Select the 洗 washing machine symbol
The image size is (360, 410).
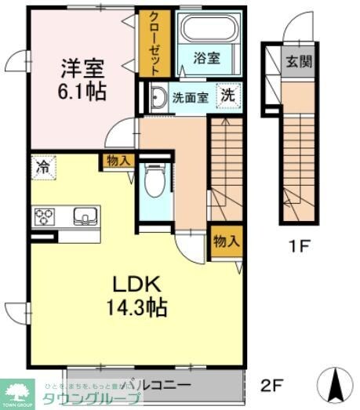pos(227,96)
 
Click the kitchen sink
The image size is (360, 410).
pos(83,216)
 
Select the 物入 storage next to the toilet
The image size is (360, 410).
pos(118,160)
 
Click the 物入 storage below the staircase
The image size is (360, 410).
pos(226,241)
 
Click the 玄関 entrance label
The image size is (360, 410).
pos(298,60)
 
